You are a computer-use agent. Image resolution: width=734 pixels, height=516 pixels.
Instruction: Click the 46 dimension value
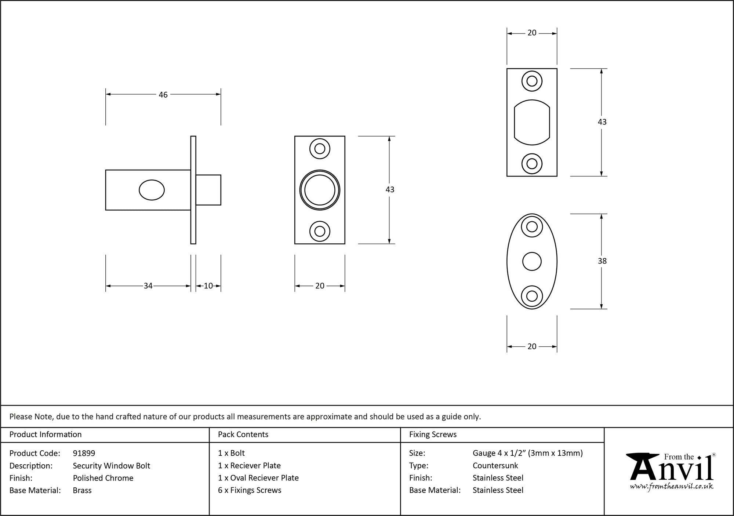point(163,95)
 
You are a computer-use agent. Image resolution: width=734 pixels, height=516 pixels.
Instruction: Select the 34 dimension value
point(148,286)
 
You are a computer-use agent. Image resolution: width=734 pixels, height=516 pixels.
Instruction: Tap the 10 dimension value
point(208,286)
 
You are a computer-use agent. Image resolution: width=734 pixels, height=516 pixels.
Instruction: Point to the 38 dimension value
point(602,261)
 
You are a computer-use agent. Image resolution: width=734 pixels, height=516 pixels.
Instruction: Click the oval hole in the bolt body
point(152,190)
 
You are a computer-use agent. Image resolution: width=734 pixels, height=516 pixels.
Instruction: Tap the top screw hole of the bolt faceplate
point(320,149)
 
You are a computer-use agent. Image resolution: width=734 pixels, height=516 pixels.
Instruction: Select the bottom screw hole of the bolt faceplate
point(320,232)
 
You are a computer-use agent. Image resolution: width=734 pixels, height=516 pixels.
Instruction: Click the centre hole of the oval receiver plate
point(532,262)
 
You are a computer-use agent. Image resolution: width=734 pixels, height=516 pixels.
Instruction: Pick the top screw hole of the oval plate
point(532,227)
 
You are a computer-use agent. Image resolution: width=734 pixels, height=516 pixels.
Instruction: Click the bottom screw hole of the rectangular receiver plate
point(532,164)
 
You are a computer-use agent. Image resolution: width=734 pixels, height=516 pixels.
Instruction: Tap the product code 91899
point(84,453)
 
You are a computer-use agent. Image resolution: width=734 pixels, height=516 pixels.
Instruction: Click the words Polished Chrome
point(103,478)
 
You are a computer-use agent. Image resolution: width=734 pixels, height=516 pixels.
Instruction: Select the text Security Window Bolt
point(112,466)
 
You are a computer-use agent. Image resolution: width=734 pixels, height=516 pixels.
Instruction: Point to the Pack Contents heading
point(243,435)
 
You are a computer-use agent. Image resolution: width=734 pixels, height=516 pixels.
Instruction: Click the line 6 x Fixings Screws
point(250,490)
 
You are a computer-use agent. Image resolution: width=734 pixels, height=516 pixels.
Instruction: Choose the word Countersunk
point(495,466)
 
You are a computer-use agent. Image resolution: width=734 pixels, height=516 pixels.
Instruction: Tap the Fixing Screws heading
point(433,435)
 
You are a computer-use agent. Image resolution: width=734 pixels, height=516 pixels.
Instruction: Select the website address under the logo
point(672,486)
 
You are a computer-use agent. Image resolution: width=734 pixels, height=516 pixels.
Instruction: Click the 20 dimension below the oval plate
point(532,346)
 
